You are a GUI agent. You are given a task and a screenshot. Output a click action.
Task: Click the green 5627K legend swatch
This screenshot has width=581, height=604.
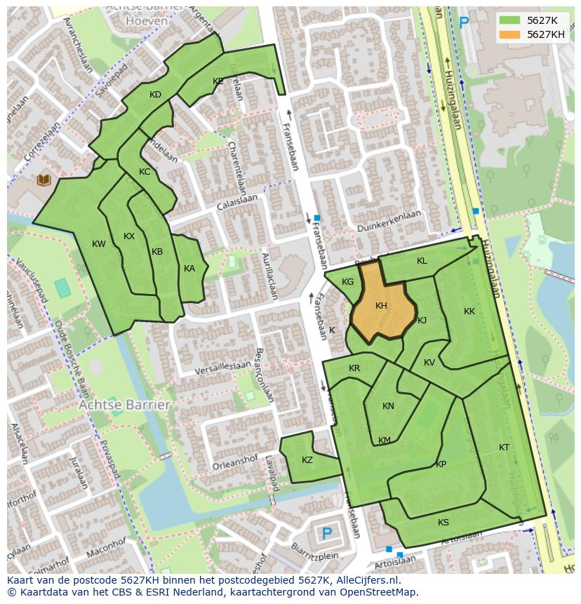[x=510, y=20]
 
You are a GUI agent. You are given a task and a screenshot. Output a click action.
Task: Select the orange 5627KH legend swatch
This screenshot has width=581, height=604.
[x=510, y=34]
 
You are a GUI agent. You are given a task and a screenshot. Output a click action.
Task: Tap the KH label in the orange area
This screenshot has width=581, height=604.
[x=381, y=306]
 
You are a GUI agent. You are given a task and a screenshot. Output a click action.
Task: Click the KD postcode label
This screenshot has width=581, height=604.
[x=155, y=95]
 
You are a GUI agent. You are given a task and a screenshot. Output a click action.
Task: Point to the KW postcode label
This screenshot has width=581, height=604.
[x=99, y=244]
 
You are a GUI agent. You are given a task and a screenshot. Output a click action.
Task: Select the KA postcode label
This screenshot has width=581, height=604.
[x=189, y=269]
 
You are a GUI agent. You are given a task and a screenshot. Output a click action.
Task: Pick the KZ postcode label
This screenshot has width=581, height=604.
[x=307, y=460]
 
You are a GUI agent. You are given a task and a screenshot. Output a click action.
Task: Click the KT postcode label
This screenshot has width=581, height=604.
[x=504, y=448]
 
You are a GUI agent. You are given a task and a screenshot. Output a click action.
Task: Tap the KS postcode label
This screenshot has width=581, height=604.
[x=443, y=523]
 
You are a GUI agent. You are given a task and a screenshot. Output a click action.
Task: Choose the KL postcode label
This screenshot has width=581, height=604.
[x=422, y=261]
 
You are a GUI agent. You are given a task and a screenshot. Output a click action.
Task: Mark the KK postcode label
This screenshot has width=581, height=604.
[x=469, y=311]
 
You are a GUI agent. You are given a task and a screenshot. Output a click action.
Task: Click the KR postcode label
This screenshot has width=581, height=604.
[x=354, y=369]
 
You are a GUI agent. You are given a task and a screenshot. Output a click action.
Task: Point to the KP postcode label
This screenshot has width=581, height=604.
[x=441, y=464]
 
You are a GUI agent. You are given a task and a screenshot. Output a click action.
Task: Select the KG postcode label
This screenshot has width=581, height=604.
[x=347, y=282]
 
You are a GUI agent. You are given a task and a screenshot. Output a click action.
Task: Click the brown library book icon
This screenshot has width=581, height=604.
[x=44, y=180]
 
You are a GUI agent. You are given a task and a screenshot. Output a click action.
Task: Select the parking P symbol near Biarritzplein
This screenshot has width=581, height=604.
[x=326, y=534]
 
